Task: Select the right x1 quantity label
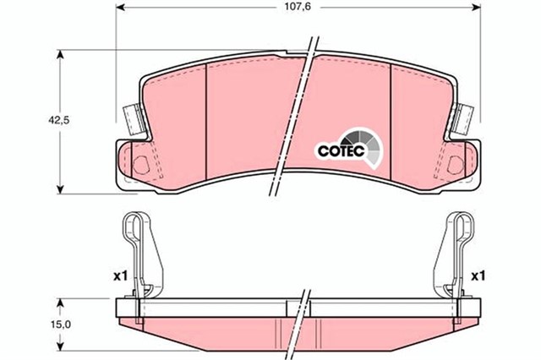tap(478, 275)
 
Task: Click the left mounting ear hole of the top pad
tap(141, 164)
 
